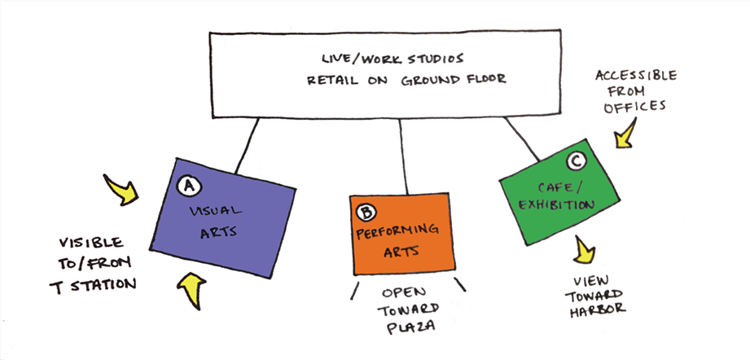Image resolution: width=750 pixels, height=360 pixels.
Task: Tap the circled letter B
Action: pyautogui.click(x=367, y=213)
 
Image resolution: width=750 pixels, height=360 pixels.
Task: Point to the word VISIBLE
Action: pyautogui.click(x=90, y=243)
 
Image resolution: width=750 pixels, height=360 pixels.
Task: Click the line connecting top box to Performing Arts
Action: pyautogui.click(x=402, y=159)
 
